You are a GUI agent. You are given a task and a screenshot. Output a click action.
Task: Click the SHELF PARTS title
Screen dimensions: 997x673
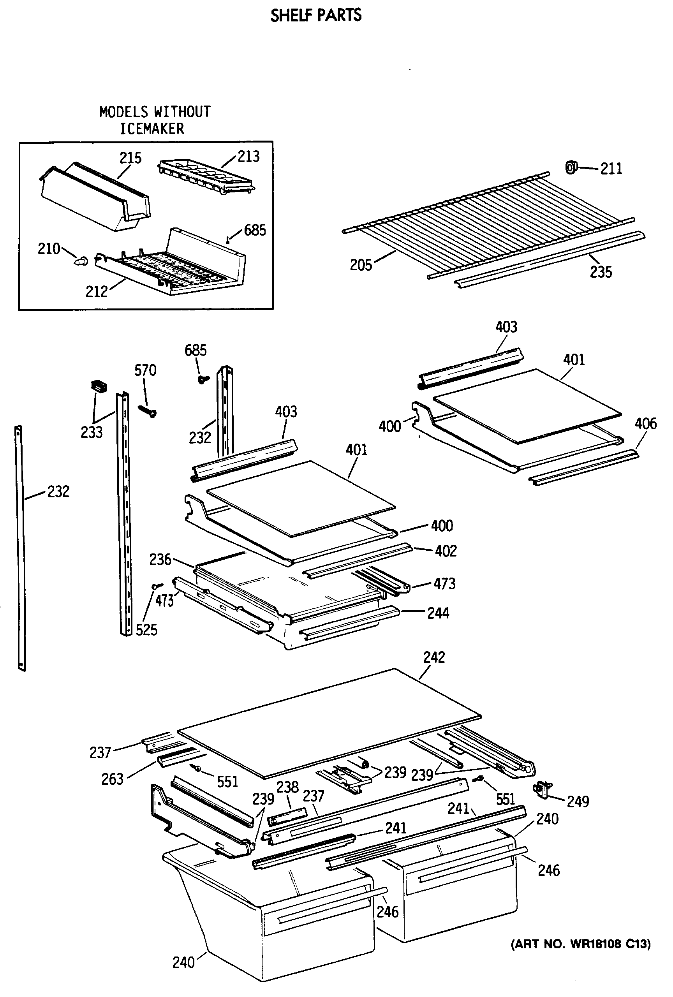[316, 16]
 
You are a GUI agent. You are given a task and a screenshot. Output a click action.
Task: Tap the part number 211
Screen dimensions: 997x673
[611, 169]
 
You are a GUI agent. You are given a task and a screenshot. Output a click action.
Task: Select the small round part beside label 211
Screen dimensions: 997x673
[571, 167]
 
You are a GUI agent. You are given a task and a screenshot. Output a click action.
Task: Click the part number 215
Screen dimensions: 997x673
[130, 158]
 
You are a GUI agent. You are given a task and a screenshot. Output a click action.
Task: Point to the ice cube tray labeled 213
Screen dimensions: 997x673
[206, 176]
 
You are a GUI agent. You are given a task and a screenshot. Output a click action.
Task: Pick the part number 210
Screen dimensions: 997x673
[49, 248]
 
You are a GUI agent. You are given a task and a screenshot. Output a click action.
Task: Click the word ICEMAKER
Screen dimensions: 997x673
[152, 129]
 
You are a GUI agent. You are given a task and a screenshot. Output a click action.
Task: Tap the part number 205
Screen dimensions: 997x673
[361, 265]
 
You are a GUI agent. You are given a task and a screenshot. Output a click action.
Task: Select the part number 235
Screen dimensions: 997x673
[601, 271]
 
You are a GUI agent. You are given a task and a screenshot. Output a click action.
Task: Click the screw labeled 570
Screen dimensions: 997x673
[147, 410]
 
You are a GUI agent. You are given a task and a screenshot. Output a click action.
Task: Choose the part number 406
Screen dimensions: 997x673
[646, 423]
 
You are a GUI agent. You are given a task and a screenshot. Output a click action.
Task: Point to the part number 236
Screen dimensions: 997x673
[160, 559]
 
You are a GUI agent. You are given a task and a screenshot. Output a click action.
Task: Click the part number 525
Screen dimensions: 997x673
[147, 630]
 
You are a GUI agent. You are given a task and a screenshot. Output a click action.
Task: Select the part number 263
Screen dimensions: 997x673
[113, 779]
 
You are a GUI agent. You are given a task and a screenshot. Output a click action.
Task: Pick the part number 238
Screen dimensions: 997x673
[287, 787]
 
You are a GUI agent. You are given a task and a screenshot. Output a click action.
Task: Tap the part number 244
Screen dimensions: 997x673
[438, 613]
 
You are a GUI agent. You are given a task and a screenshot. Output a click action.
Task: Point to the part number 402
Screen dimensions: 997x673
[446, 551]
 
